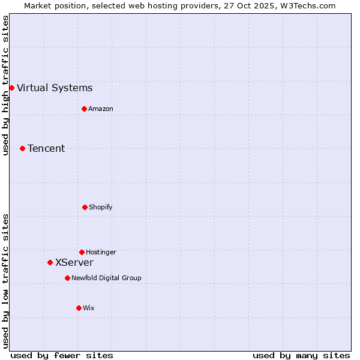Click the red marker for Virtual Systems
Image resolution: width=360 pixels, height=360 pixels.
click(x=11, y=88)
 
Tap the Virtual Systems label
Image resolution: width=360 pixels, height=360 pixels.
click(x=55, y=88)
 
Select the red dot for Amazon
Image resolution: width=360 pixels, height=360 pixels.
click(x=84, y=109)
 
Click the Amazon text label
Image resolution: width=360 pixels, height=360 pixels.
click(x=101, y=109)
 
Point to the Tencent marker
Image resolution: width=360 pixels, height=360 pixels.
click(x=22, y=148)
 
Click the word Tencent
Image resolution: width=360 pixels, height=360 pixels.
click(x=46, y=149)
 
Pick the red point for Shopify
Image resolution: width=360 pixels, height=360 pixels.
click(x=85, y=207)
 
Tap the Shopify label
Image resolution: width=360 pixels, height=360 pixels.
click(x=101, y=208)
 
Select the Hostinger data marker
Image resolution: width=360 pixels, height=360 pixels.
click(x=82, y=252)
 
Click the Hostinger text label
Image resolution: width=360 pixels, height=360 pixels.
click(x=101, y=253)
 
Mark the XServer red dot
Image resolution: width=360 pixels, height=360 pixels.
click(x=50, y=262)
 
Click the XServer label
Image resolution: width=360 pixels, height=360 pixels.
click(x=74, y=263)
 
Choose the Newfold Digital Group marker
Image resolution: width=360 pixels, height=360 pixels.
click(x=67, y=278)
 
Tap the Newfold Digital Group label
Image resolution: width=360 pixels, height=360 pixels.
click(x=106, y=278)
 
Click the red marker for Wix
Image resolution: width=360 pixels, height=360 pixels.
click(x=79, y=308)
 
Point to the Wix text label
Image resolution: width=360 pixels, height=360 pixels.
click(x=89, y=308)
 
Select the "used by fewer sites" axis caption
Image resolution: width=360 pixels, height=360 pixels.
click(x=62, y=355)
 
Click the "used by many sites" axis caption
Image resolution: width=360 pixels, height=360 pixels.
click(x=301, y=355)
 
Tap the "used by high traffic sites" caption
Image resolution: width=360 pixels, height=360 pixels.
click(x=5, y=85)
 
